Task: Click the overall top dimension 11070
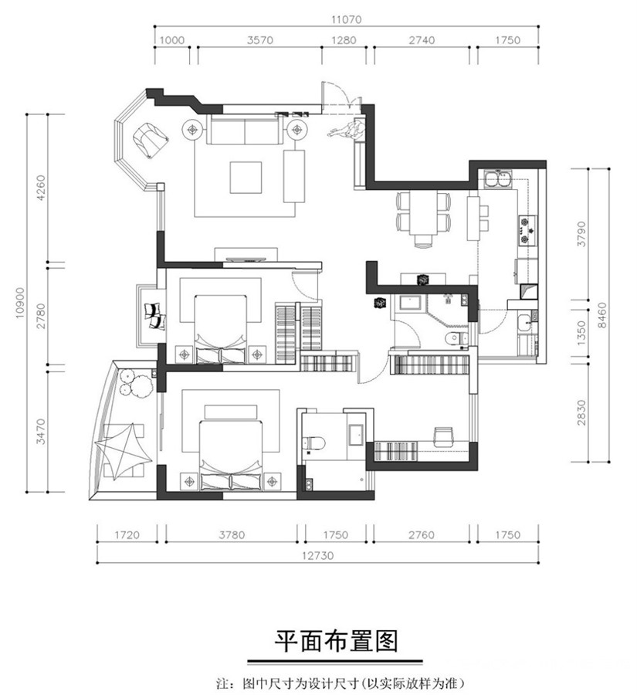tap(346, 19)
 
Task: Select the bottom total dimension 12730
tap(317, 555)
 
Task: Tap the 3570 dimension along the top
tap(259, 40)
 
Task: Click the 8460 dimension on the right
tap(601, 316)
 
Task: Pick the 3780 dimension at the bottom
tap(232, 535)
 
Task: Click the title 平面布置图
tap(336, 642)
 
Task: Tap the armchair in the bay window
tap(151, 139)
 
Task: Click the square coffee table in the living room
tap(246, 178)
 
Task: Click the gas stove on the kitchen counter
tap(526, 229)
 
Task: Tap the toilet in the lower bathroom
tap(314, 442)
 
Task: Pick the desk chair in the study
tap(443, 436)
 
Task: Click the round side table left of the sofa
tap(193, 130)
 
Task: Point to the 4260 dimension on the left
tap(40, 188)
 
